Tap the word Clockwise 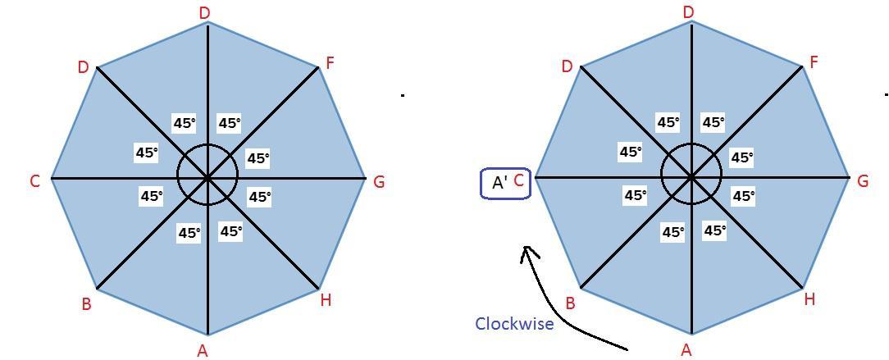(514, 324)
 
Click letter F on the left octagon (330, 63)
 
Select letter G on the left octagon (379, 182)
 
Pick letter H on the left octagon (326, 300)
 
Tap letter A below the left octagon (203, 351)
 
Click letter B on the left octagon (86, 304)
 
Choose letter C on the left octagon (34, 181)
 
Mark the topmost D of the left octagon (205, 12)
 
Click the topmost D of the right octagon (689, 12)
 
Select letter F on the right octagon (814, 62)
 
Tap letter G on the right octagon (863, 181)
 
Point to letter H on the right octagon (809, 299)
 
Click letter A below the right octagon (686, 350)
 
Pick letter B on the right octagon (570, 303)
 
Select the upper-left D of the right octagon (567, 66)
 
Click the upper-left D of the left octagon (83, 67)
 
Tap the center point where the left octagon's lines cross (207, 177)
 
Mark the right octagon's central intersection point (691, 176)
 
